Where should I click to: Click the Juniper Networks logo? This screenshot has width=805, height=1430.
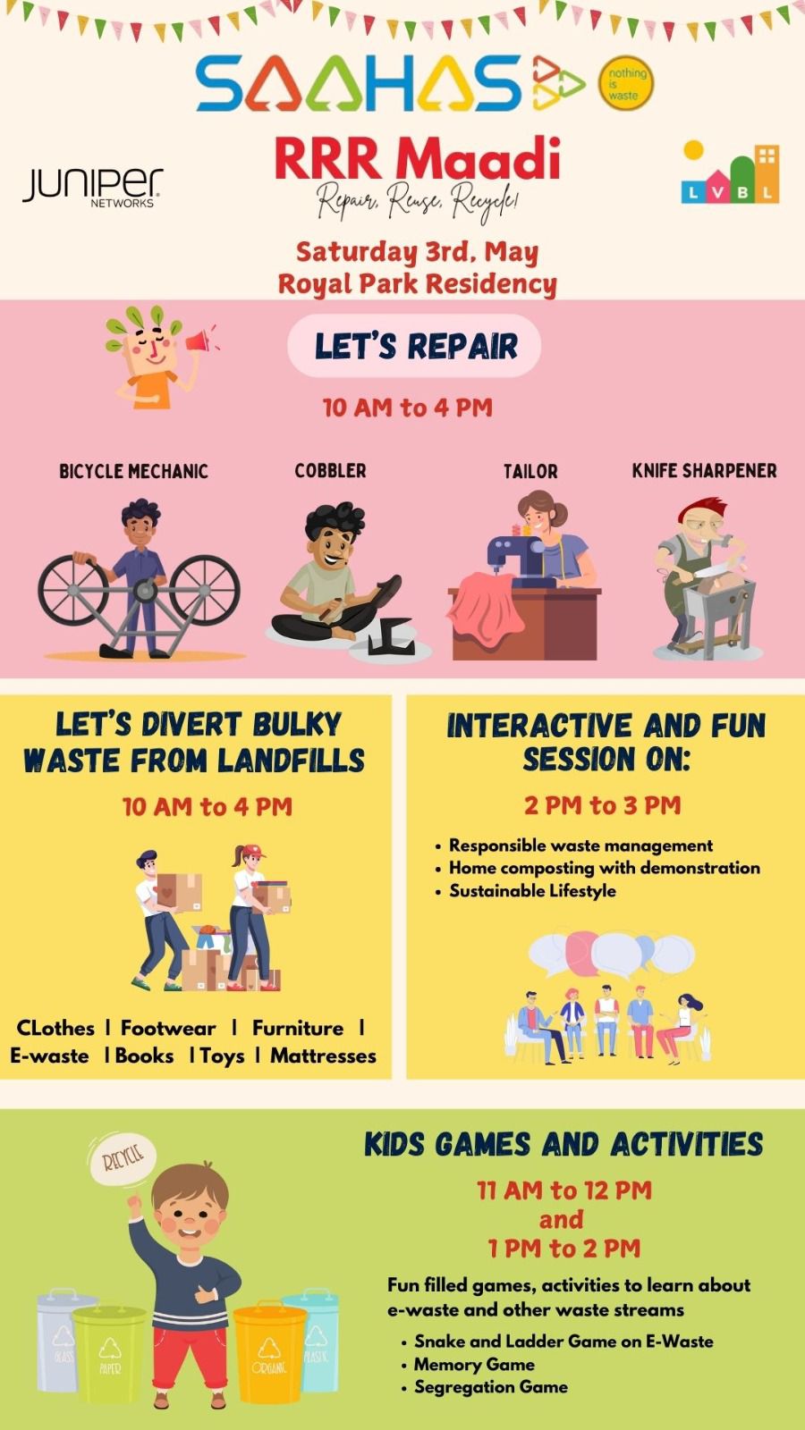click(93, 187)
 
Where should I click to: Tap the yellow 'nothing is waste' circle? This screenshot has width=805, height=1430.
click(626, 83)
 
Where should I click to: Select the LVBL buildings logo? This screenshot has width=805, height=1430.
click(730, 171)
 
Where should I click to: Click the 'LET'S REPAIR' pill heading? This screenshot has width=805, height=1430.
click(415, 345)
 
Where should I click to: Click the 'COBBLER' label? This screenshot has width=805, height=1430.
click(330, 471)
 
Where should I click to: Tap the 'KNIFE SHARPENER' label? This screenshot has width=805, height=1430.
click(704, 471)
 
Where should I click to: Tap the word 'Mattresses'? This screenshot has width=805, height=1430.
click(323, 1056)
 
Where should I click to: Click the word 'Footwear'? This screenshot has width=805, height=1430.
click(168, 1029)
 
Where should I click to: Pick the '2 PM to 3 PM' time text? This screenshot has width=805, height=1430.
click(603, 805)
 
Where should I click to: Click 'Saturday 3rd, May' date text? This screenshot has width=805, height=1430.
click(417, 251)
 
